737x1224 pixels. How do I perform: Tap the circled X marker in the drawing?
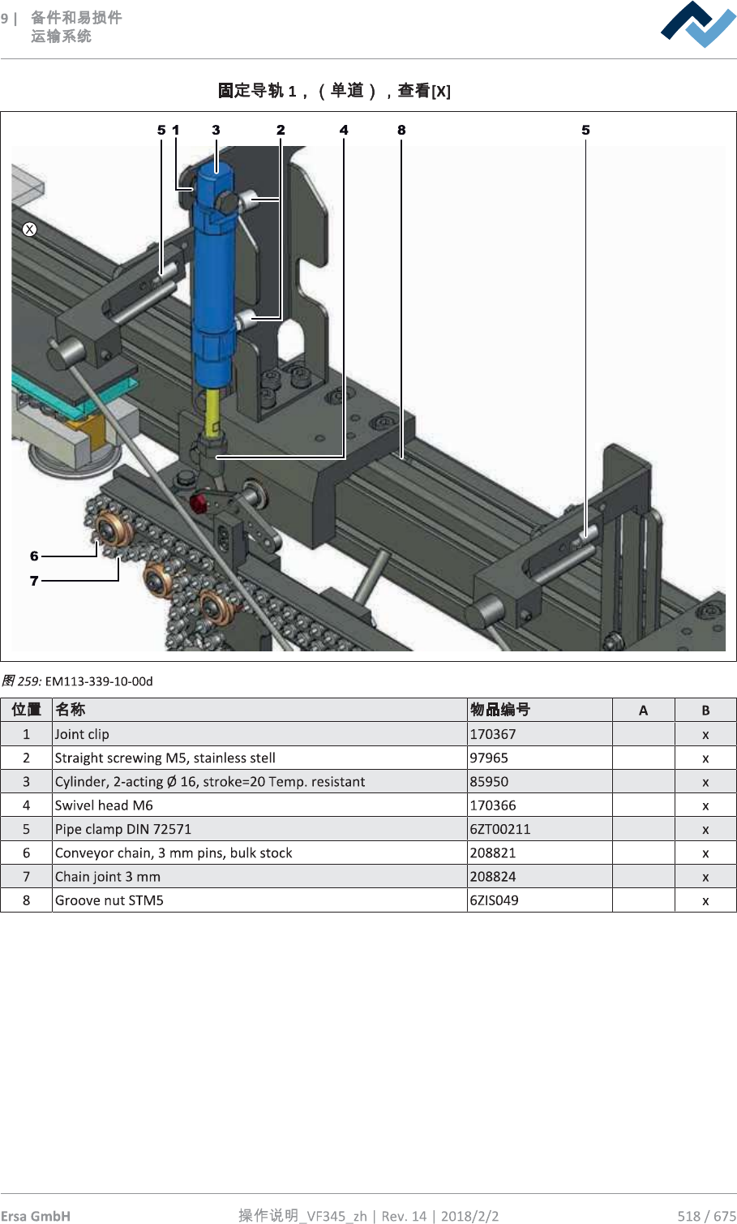[x=30, y=230]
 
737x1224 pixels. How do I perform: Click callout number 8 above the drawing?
[x=401, y=130]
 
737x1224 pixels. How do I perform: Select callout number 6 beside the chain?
[x=34, y=556]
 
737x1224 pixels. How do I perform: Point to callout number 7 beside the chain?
[x=34, y=581]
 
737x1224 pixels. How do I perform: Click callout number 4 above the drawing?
[x=344, y=130]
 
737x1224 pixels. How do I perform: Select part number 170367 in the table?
[x=493, y=734]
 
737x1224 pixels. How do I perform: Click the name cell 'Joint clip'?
[x=82, y=734]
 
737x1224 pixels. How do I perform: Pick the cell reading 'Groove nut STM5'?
[x=109, y=900]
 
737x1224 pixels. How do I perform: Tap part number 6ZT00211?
[x=500, y=829]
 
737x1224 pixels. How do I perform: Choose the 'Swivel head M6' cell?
[x=104, y=805]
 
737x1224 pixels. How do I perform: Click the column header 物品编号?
[x=500, y=710]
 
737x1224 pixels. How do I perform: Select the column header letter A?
[x=643, y=711]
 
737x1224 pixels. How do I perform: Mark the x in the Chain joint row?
[x=705, y=877]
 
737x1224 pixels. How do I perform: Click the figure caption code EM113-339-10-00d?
[x=99, y=681]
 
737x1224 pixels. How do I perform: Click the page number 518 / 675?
[x=706, y=1215]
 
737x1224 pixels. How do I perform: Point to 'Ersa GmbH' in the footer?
[x=36, y=1215]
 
